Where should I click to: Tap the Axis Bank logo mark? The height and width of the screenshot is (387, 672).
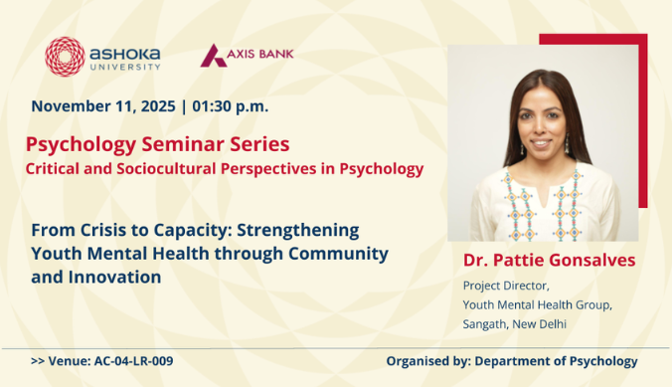(x=212, y=56)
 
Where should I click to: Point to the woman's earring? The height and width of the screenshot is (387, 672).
(x=510, y=145)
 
